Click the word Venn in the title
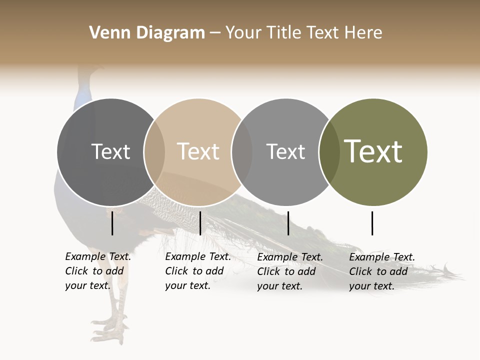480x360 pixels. coord(104,33)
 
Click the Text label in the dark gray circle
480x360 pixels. coord(110,151)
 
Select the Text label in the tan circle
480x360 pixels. coord(198,151)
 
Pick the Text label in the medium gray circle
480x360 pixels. coord(285,151)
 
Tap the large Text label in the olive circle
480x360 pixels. coord(373,151)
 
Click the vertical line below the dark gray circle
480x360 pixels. coord(112,223)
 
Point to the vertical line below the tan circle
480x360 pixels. coord(200,223)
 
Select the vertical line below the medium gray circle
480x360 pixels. coord(288,223)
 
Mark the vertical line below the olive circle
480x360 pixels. coord(372,223)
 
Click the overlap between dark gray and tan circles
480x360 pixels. coord(154,152)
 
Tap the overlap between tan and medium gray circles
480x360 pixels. coord(242,152)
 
